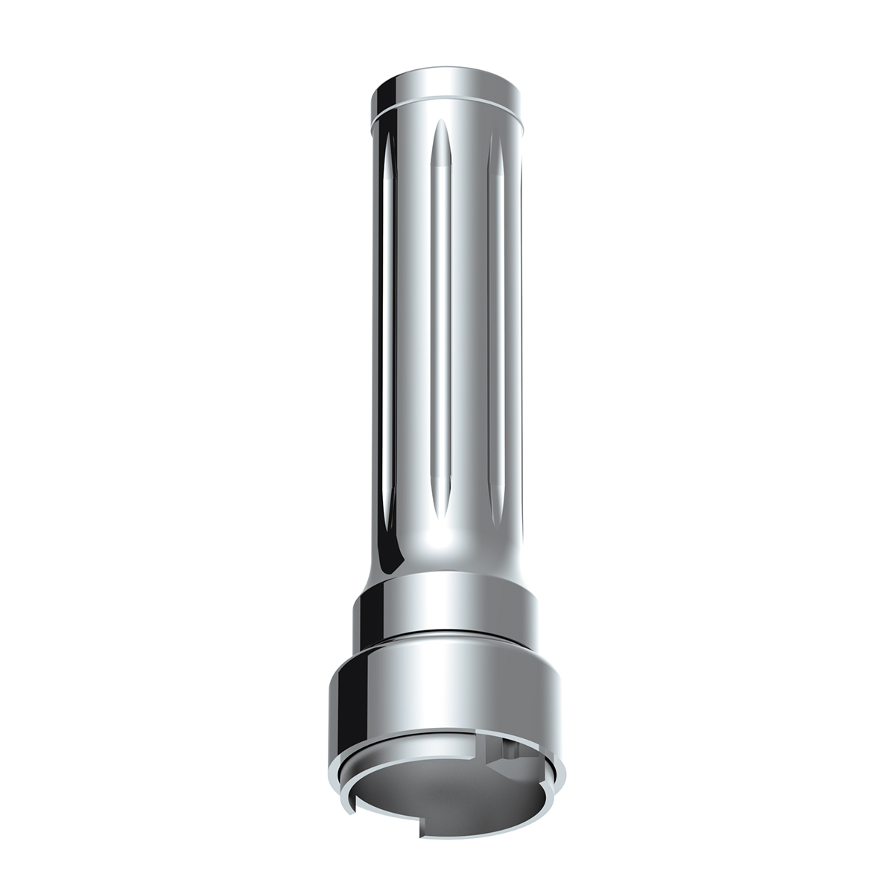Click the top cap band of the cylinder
point(447,91)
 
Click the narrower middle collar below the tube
point(447,607)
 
